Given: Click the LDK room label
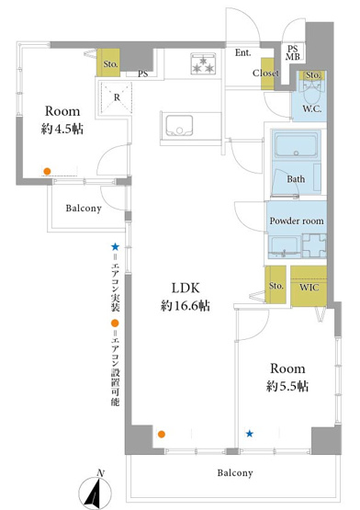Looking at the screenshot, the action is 186,288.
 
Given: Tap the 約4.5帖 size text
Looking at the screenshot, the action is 62,130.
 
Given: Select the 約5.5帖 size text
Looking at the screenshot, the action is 287,386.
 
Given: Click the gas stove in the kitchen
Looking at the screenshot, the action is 203,63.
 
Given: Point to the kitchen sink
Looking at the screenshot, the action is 179,126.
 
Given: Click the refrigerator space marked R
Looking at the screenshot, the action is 116,97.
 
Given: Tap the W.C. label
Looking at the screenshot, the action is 312,109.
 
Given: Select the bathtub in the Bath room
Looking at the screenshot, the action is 296,144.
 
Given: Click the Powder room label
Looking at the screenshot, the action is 297,221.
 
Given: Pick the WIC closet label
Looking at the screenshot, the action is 309,288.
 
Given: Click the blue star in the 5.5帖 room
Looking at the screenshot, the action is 250,434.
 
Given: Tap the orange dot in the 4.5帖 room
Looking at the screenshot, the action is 47,171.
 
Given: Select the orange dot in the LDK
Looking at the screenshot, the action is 162,435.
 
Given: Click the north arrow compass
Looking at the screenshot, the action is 96,491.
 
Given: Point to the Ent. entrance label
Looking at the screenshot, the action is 243,52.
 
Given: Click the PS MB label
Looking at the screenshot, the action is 292,52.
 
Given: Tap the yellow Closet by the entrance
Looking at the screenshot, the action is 267,74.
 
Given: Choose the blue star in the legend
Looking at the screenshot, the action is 115,247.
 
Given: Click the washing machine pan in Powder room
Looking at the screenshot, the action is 314,246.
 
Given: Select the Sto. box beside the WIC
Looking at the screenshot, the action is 276,285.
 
